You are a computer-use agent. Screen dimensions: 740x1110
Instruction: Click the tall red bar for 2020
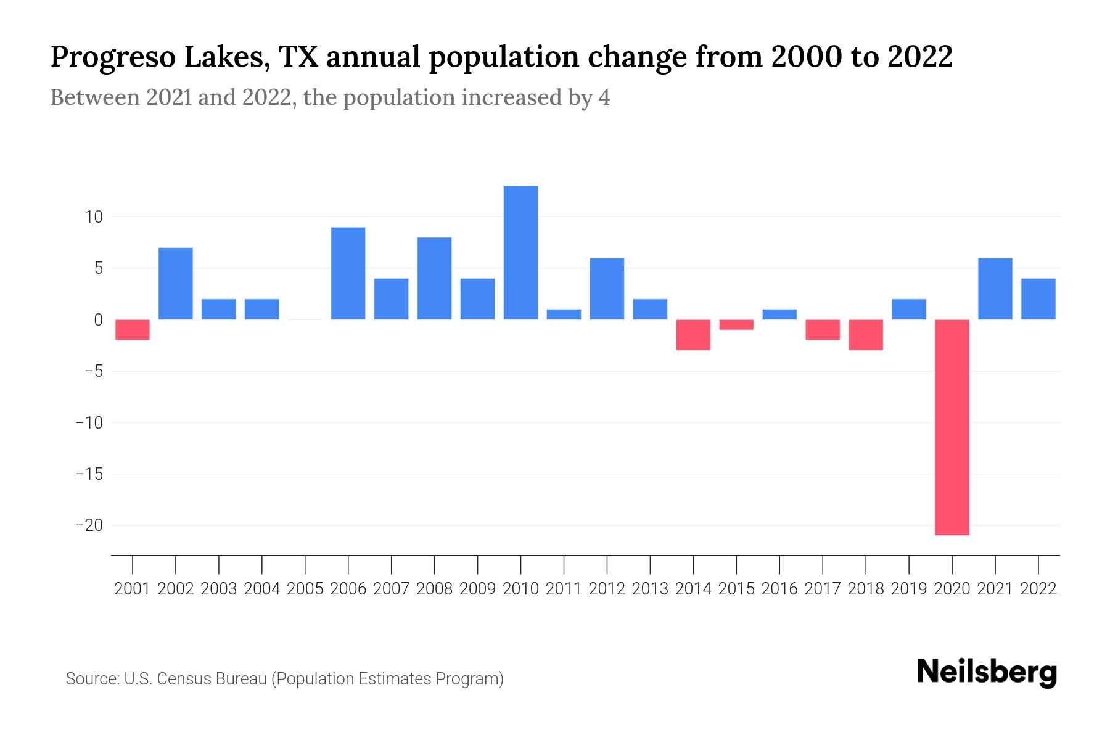[x=952, y=427]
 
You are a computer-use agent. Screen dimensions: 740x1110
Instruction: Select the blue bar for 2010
[x=520, y=253]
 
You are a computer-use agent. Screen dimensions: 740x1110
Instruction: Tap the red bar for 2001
[x=133, y=329]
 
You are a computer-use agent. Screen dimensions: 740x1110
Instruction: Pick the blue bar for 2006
[x=348, y=273]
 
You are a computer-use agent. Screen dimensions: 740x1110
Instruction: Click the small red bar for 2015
[x=736, y=324]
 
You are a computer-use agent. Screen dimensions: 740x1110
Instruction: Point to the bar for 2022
[x=1038, y=299]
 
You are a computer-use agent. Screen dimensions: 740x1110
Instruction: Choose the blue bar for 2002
[x=176, y=284]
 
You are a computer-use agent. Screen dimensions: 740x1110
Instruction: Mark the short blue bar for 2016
[x=779, y=314]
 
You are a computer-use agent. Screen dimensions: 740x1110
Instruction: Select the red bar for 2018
[x=866, y=335]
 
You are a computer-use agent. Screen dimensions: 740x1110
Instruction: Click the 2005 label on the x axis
[x=305, y=589]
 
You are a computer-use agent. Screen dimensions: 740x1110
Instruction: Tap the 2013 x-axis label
[x=650, y=589]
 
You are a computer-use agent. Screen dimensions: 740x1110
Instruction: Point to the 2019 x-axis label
[x=909, y=589]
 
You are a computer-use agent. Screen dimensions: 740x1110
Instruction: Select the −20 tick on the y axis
[x=89, y=525]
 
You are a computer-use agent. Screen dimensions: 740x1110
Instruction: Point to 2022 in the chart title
[x=919, y=57]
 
